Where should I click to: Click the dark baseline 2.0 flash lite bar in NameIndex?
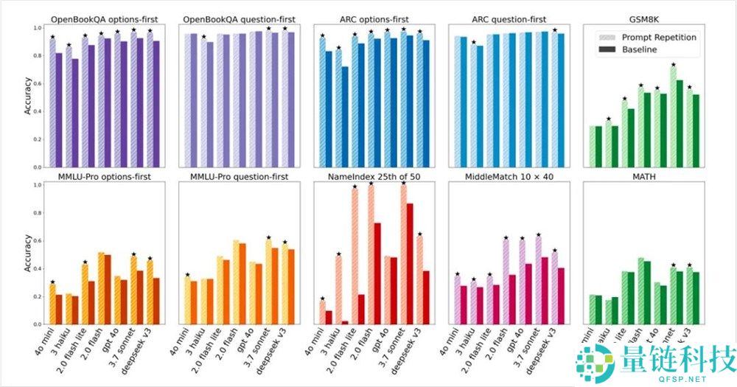(x=361, y=310)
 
